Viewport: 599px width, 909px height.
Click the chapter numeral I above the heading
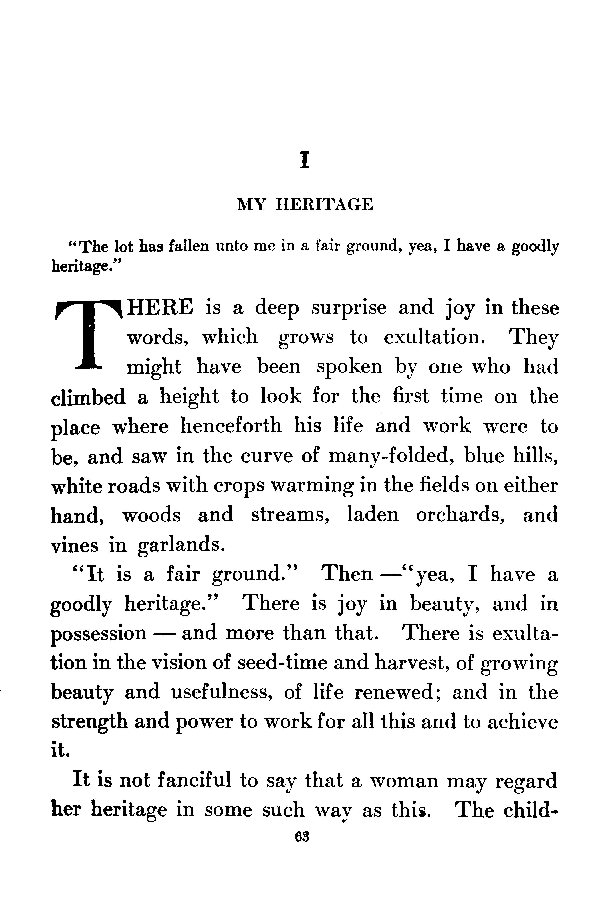coord(304,160)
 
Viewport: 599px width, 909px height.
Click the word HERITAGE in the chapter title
coord(324,205)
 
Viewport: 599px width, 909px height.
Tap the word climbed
coord(88,397)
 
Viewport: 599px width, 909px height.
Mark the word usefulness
coord(221,693)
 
